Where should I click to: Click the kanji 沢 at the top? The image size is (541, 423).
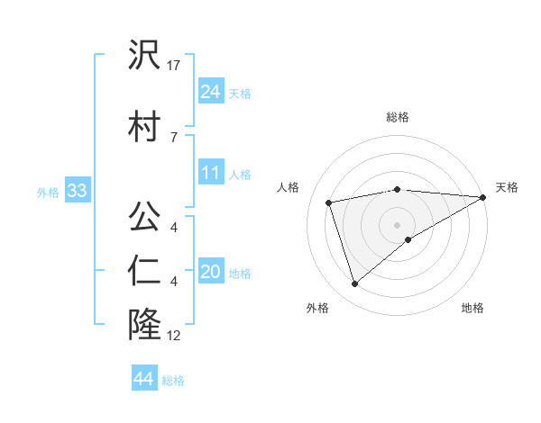coord(144,56)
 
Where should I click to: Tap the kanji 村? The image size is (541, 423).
coord(144,124)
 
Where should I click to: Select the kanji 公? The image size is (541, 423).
coord(144,217)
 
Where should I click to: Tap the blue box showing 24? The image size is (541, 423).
coord(211,92)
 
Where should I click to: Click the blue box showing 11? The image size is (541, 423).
coord(211,173)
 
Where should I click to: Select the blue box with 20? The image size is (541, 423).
coord(211,273)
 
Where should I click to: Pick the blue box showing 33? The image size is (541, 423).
coord(76,191)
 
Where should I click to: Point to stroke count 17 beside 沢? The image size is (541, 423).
coord(175,66)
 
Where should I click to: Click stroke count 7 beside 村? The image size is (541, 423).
coord(173,137)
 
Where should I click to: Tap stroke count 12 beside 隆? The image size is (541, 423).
coord(175,336)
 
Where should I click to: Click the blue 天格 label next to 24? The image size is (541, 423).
coord(240,94)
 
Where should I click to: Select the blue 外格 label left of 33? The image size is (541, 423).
coord(48,193)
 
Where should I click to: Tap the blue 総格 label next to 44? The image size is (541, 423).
coord(174,381)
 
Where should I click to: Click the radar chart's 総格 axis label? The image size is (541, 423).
coord(398,118)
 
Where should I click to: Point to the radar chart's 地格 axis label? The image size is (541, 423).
coord(472,309)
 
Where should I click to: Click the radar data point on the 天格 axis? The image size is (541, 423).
coord(484,198)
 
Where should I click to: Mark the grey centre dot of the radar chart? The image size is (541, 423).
coord(397,224)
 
